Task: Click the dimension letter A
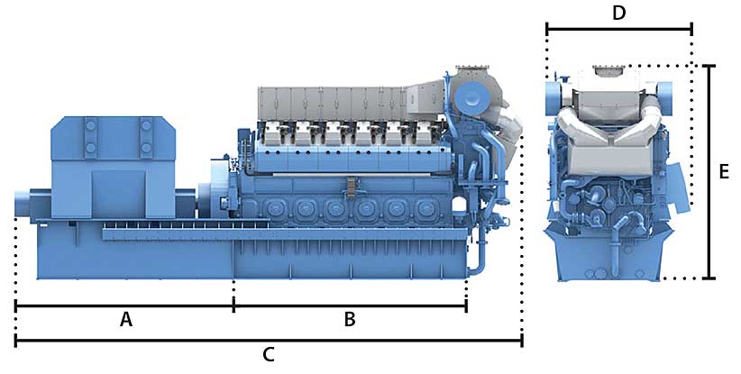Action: [x=125, y=320]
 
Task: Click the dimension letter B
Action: [x=349, y=320]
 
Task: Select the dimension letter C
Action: [x=269, y=355]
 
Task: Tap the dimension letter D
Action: [x=618, y=14]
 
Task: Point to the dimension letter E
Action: [x=724, y=172]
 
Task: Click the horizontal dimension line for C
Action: [x=269, y=340]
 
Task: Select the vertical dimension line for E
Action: [x=709, y=172]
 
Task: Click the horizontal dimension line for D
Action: [x=619, y=29]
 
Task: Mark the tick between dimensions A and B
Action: [x=233, y=306]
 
